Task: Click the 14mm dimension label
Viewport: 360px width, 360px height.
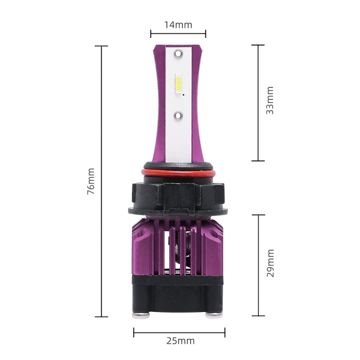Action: [178, 24]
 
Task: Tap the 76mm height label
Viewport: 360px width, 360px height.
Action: [91, 181]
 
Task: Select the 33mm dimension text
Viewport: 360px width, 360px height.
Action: [270, 100]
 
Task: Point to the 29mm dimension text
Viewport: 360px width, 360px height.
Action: [270, 263]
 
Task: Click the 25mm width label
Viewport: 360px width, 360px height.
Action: [180, 341]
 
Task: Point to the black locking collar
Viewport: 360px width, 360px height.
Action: [178, 197]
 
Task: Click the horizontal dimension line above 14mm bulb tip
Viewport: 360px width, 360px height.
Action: [178, 34]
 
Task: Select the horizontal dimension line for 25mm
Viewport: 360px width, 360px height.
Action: [179, 331]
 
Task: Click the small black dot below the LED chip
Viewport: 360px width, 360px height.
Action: [184, 95]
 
